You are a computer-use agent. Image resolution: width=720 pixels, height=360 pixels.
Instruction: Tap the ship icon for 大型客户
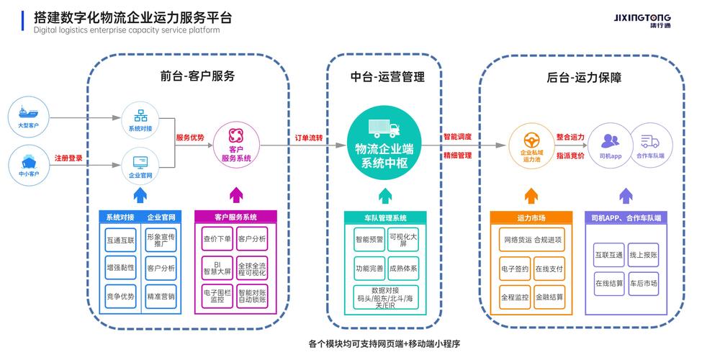pos(29,114)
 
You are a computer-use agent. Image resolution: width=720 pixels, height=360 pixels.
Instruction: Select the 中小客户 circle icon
pos(29,161)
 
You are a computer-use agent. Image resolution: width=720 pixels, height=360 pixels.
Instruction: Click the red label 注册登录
pos(69,158)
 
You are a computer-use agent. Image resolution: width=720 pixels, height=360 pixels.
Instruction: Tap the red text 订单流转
pos(309,137)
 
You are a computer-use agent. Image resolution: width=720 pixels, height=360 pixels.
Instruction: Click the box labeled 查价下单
pos(217,238)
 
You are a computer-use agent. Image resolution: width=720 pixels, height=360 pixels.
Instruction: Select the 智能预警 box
pos(369,239)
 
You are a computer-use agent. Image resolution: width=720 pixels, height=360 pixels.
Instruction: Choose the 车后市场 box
pos(643,283)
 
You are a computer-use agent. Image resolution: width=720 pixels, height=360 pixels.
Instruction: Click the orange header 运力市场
pos(531,217)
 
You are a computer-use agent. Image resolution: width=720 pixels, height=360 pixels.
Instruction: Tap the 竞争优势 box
pos(120,296)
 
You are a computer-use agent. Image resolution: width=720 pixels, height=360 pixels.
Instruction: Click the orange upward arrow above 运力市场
pos(531,194)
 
